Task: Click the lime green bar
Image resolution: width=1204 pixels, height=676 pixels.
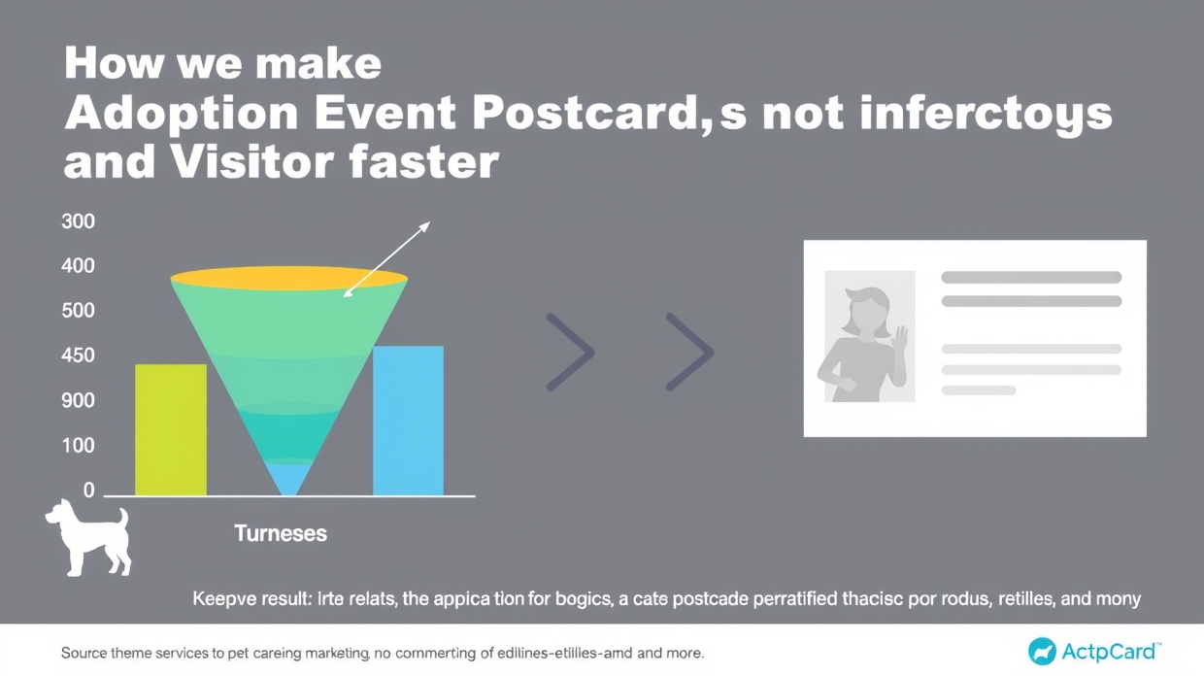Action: [171, 429]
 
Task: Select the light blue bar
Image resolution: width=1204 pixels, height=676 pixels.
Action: [408, 421]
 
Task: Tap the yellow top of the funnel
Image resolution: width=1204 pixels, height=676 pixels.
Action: [288, 279]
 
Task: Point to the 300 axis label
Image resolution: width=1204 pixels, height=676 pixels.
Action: [78, 221]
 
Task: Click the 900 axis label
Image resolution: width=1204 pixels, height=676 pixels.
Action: [78, 401]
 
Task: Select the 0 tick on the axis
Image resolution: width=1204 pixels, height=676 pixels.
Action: [89, 490]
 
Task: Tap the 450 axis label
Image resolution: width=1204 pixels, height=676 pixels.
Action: [78, 355]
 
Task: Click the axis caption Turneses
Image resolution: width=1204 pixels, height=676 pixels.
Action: [281, 533]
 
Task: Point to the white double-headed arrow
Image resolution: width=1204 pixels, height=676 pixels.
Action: [386, 258]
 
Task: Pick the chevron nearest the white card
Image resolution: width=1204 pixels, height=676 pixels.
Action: [689, 352]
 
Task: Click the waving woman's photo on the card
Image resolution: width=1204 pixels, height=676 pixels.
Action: [869, 336]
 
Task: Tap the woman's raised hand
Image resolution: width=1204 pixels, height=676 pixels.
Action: [900, 339]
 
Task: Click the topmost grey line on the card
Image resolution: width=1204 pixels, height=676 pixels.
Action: [1031, 278]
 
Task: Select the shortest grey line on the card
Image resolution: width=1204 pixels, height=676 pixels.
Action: [979, 390]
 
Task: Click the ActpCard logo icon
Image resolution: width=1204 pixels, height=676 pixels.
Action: [1042, 651]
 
